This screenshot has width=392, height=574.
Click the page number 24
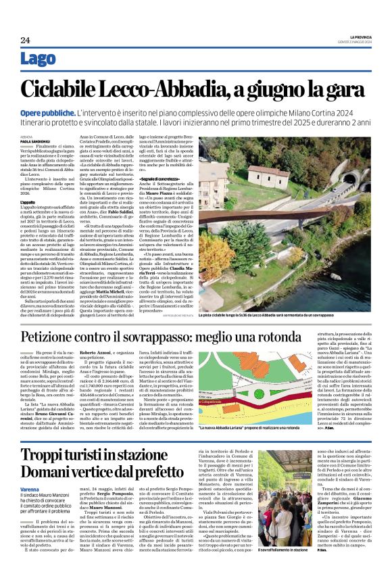[25, 41]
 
